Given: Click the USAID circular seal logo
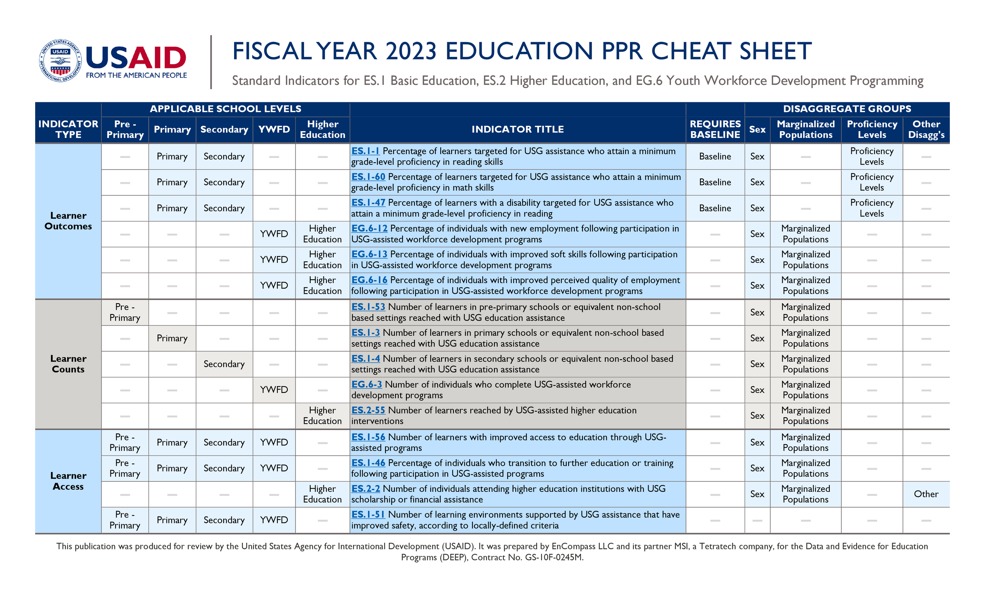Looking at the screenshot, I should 60,61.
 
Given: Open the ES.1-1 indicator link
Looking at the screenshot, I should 365,151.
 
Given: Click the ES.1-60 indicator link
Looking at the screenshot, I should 368,177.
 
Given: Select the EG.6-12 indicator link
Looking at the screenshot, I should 369,228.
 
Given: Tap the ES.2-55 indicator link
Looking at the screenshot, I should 368,410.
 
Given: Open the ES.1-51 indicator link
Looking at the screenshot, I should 368,515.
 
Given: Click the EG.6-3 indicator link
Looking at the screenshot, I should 366,384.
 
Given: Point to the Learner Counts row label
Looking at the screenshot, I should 68,364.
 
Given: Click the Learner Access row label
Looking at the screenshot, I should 68,481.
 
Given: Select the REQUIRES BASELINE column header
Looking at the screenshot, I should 715,129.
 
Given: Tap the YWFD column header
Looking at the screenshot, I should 274,129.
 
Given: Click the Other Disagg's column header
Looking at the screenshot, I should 926,129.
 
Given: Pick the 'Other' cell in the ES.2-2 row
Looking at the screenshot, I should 926,494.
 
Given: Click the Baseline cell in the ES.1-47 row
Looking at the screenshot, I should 715,208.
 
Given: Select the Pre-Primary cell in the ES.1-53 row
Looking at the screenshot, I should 125,312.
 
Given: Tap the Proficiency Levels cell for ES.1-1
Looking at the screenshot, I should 871,156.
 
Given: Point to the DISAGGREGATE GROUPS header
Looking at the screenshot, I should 847,109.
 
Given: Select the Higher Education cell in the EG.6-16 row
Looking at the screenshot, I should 322,285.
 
